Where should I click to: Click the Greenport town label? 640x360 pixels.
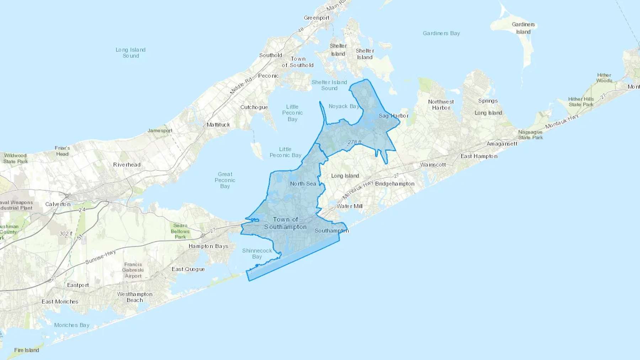pyautogui.click(x=316, y=18)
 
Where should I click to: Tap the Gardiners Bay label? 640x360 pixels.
pyautogui.click(x=441, y=33)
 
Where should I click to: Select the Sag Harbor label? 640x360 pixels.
pyautogui.click(x=394, y=116)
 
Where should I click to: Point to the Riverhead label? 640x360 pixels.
pyautogui.click(x=127, y=165)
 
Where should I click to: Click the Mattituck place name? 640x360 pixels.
pyautogui.click(x=218, y=125)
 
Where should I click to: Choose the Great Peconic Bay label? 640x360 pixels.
pyautogui.click(x=225, y=180)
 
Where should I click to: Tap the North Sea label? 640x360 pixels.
pyautogui.click(x=303, y=184)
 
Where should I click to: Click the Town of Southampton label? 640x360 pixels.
pyautogui.click(x=286, y=223)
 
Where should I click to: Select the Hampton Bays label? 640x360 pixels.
pyautogui.click(x=208, y=246)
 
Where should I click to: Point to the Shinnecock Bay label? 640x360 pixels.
pyautogui.click(x=257, y=254)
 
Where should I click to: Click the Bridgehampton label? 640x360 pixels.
pyautogui.click(x=395, y=184)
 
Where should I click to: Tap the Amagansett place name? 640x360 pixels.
pyautogui.click(x=502, y=144)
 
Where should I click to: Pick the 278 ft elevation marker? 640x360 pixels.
pyautogui.click(x=354, y=142)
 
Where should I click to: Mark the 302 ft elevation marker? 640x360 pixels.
pyautogui.click(x=66, y=234)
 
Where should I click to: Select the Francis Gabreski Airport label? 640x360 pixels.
pyautogui.click(x=133, y=270)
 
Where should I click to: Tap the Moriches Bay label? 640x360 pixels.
pyautogui.click(x=72, y=325)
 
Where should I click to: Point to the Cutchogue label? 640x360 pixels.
pyautogui.click(x=254, y=107)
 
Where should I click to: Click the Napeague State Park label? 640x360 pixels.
pyautogui.click(x=530, y=135)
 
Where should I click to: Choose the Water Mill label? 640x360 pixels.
pyautogui.click(x=350, y=206)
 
